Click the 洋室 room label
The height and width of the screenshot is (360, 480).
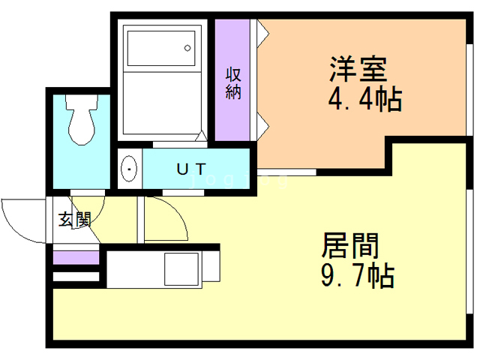358,69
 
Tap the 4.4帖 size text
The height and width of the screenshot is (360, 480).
365,99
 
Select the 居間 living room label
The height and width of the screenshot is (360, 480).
350,245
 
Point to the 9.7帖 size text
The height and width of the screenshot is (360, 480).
358,275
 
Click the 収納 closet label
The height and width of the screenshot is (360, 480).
233,83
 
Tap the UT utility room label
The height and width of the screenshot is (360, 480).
192,169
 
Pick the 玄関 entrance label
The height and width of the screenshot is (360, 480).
75,219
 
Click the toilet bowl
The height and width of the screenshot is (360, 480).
82,119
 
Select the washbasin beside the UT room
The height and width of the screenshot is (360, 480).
129,169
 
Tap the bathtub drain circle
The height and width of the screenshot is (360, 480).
187,48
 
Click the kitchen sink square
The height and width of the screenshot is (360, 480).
181,269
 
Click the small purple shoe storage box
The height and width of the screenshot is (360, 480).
76,257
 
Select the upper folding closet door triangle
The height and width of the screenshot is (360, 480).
263,34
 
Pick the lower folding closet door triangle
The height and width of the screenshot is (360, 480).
263,126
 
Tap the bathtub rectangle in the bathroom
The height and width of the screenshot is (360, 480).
161,48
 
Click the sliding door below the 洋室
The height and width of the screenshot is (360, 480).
286,172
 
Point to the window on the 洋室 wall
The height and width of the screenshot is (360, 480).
469,90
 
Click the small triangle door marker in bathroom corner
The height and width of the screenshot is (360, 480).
201,136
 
